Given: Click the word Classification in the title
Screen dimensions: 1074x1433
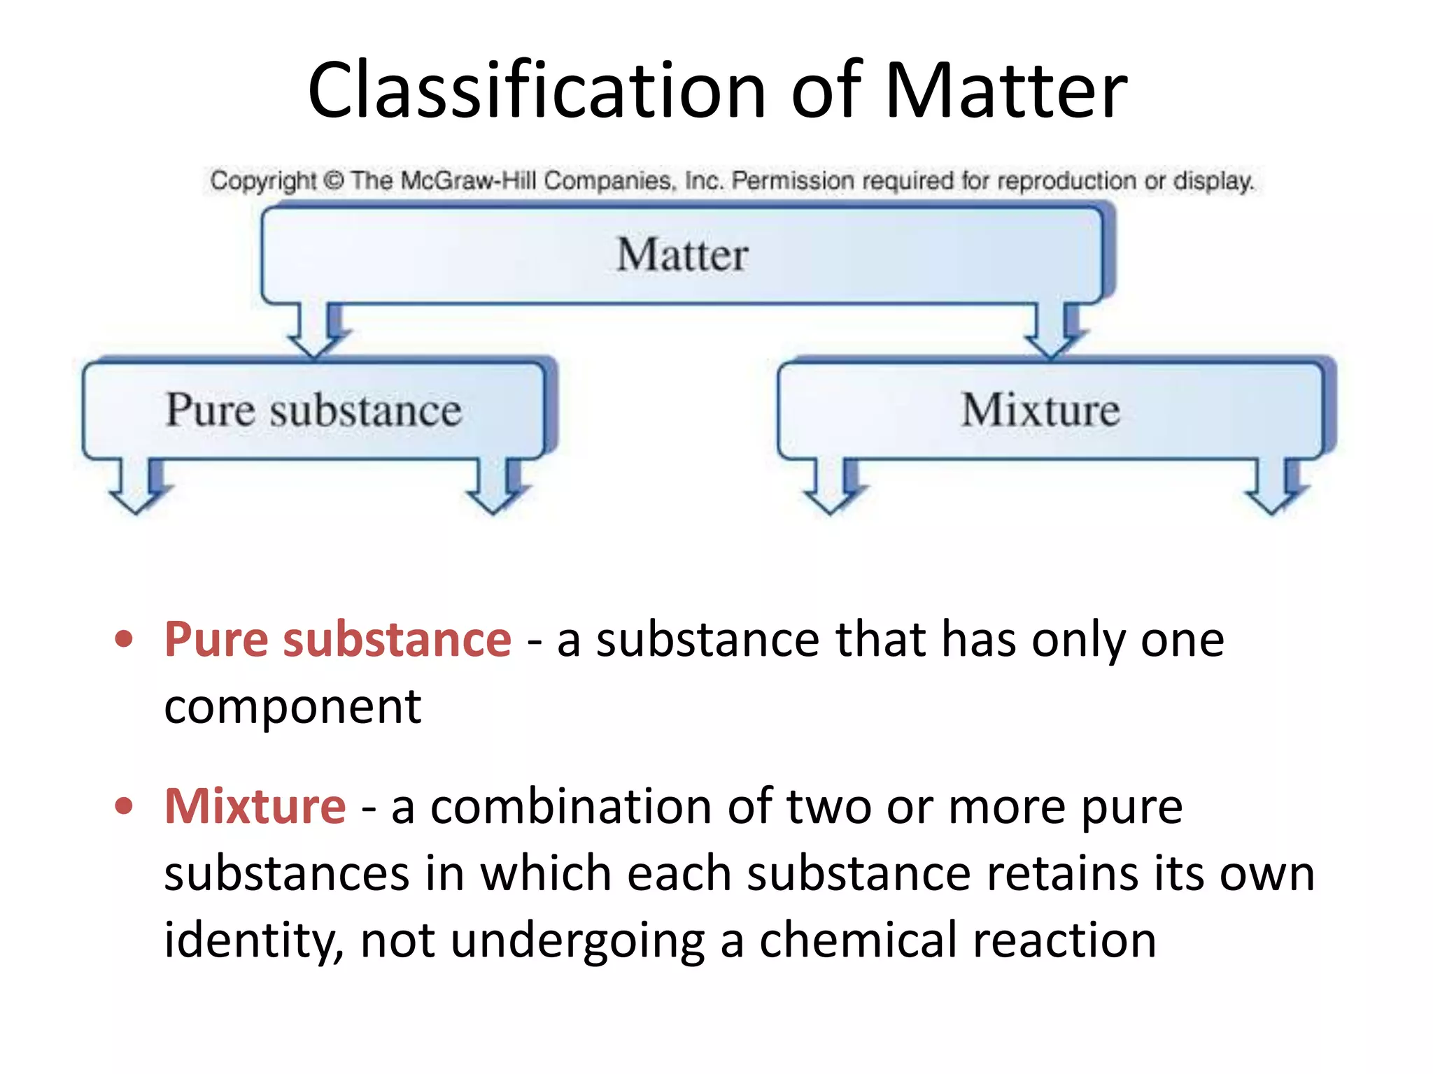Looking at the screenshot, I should click(x=537, y=91).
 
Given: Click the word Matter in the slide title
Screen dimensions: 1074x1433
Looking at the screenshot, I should click(x=1005, y=91).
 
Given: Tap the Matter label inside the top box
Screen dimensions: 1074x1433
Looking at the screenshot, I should click(x=682, y=255).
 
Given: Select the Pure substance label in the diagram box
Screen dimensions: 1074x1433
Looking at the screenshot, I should click(x=313, y=410).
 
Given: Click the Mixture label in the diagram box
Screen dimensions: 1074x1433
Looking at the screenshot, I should click(x=1040, y=410).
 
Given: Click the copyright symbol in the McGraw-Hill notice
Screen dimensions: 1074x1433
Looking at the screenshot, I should click(x=334, y=180).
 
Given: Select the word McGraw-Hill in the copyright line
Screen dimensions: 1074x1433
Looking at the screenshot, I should click(x=469, y=180).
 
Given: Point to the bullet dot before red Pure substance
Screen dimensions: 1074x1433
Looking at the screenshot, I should click(x=124, y=639).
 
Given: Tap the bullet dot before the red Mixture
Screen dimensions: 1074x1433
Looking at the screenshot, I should click(x=124, y=806).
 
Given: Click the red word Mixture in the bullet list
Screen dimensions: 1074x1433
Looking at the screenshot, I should click(x=255, y=806).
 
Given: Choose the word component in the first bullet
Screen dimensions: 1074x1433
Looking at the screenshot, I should click(x=292, y=706).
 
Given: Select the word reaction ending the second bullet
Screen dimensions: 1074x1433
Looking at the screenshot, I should click(x=1064, y=940).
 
